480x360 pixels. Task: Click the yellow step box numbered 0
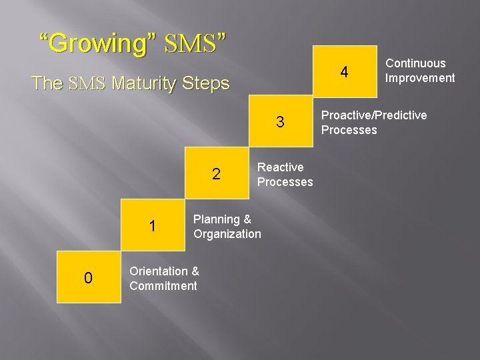pos(89,277)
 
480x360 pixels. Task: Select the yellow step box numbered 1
pos(153,226)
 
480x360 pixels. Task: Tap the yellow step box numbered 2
pos(217,174)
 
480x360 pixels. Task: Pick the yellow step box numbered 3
pos(281,122)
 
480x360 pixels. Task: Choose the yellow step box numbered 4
pos(345,71)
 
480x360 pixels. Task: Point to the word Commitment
pos(163,286)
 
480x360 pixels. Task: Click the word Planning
pos(217,219)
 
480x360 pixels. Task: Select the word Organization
pos(227,234)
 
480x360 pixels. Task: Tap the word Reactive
pos(280,167)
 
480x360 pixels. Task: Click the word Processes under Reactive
pos(285,182)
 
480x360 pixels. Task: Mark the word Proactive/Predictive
pos(374,115)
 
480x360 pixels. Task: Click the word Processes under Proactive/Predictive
pos(349,130)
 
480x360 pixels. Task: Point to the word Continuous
pos(415,63)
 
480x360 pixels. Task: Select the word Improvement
pos(420,78)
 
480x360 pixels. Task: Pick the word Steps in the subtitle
pos(205,84)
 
